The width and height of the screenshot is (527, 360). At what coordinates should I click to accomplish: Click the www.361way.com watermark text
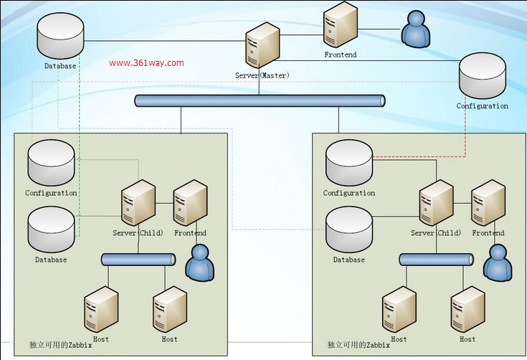coord(146,63)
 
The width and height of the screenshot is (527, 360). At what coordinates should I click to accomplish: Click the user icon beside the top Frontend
coord(416,29)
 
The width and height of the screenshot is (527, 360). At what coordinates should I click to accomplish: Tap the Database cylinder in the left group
coord(51,229)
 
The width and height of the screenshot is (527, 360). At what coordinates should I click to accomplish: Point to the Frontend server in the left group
coord(190,203)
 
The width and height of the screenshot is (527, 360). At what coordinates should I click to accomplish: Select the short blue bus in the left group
coord(138,260)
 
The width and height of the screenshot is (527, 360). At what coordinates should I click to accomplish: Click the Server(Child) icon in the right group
coord(436,204)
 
